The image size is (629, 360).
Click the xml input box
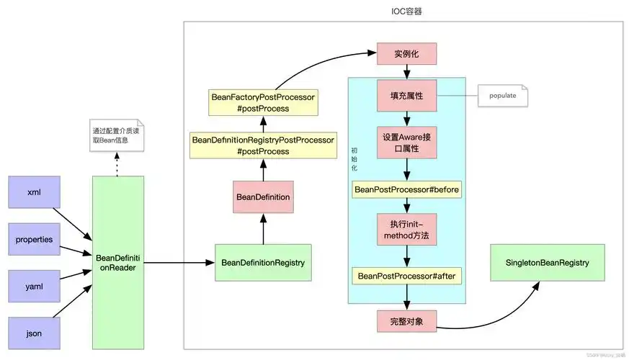(34, 192)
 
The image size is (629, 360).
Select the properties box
(34, 239)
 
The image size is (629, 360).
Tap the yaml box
(34, 287)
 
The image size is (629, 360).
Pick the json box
(34, 333)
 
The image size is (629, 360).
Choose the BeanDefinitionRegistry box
(263, 263)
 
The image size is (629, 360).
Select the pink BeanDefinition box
(263, 196)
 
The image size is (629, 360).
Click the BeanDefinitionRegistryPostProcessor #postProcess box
(262, 145)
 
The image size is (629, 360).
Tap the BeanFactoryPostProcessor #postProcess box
(262, 102)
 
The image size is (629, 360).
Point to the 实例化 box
(407, 55)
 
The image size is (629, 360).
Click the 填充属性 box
(407, 95)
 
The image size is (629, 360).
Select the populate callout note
(503, 96)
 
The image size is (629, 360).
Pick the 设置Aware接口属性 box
(407, 143)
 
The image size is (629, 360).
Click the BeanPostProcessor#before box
(407, 190)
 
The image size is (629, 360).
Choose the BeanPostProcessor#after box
(407, 276)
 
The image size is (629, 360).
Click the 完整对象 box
(407, 321)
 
